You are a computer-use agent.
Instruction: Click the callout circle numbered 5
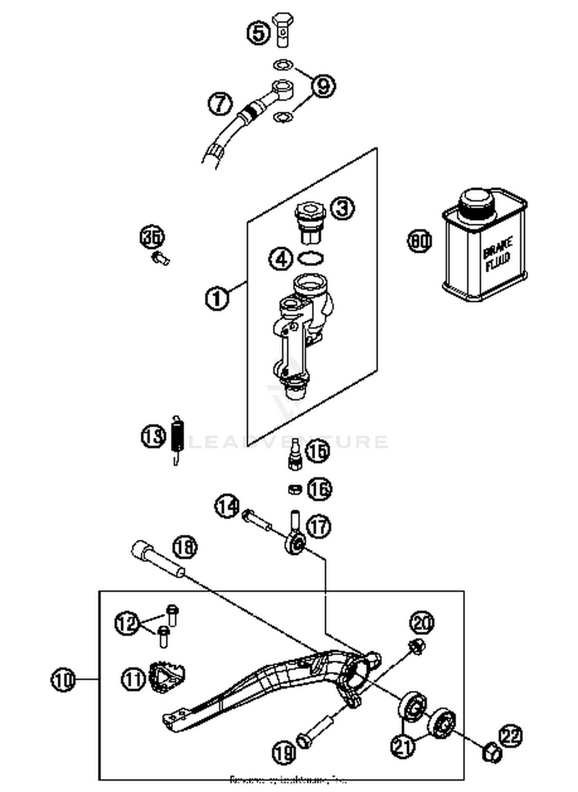[259, 32]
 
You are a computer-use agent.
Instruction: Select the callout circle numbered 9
[323, 86]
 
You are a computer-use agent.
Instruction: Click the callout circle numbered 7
[220, 104]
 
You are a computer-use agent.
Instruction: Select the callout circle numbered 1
[217, 298]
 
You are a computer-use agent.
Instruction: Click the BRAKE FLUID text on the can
[497, 255]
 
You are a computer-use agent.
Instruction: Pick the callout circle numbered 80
[420, 242]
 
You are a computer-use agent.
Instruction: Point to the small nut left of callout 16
[295, 489]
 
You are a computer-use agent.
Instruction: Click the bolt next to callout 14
[257, 520]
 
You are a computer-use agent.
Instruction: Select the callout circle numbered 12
[127, 623]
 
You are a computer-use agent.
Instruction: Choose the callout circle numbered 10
[63, 680]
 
